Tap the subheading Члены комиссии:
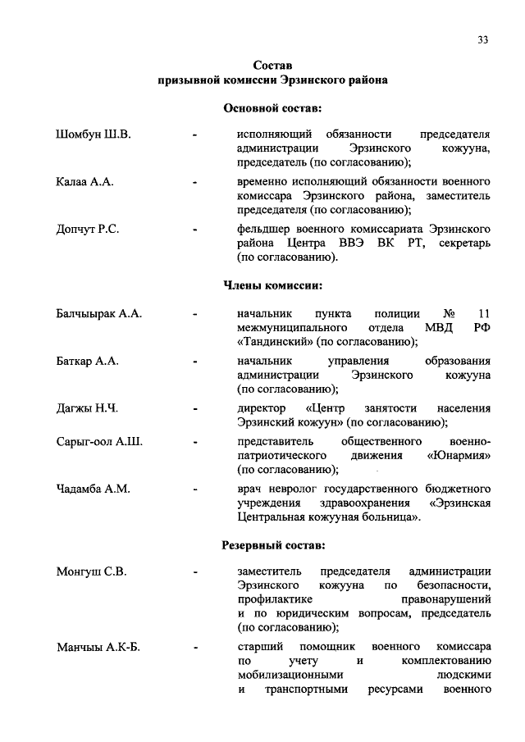pyautogui.click(x=272, y=286)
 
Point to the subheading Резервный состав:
pyautogui.click(x=272, y=544)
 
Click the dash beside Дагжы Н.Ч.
pyautogui.click(x=194, y=408)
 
